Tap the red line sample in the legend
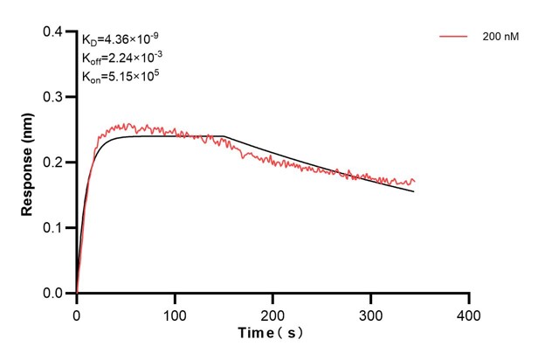click(455, 37)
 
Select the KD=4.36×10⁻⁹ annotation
click(121, 39)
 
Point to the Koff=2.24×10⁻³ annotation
click(121, 58)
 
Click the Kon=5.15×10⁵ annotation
click(120, 76)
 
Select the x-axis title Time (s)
click(272, 334)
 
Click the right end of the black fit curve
click(414, 191)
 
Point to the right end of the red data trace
click(415, 181)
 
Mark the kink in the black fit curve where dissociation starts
click(224, 137)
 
